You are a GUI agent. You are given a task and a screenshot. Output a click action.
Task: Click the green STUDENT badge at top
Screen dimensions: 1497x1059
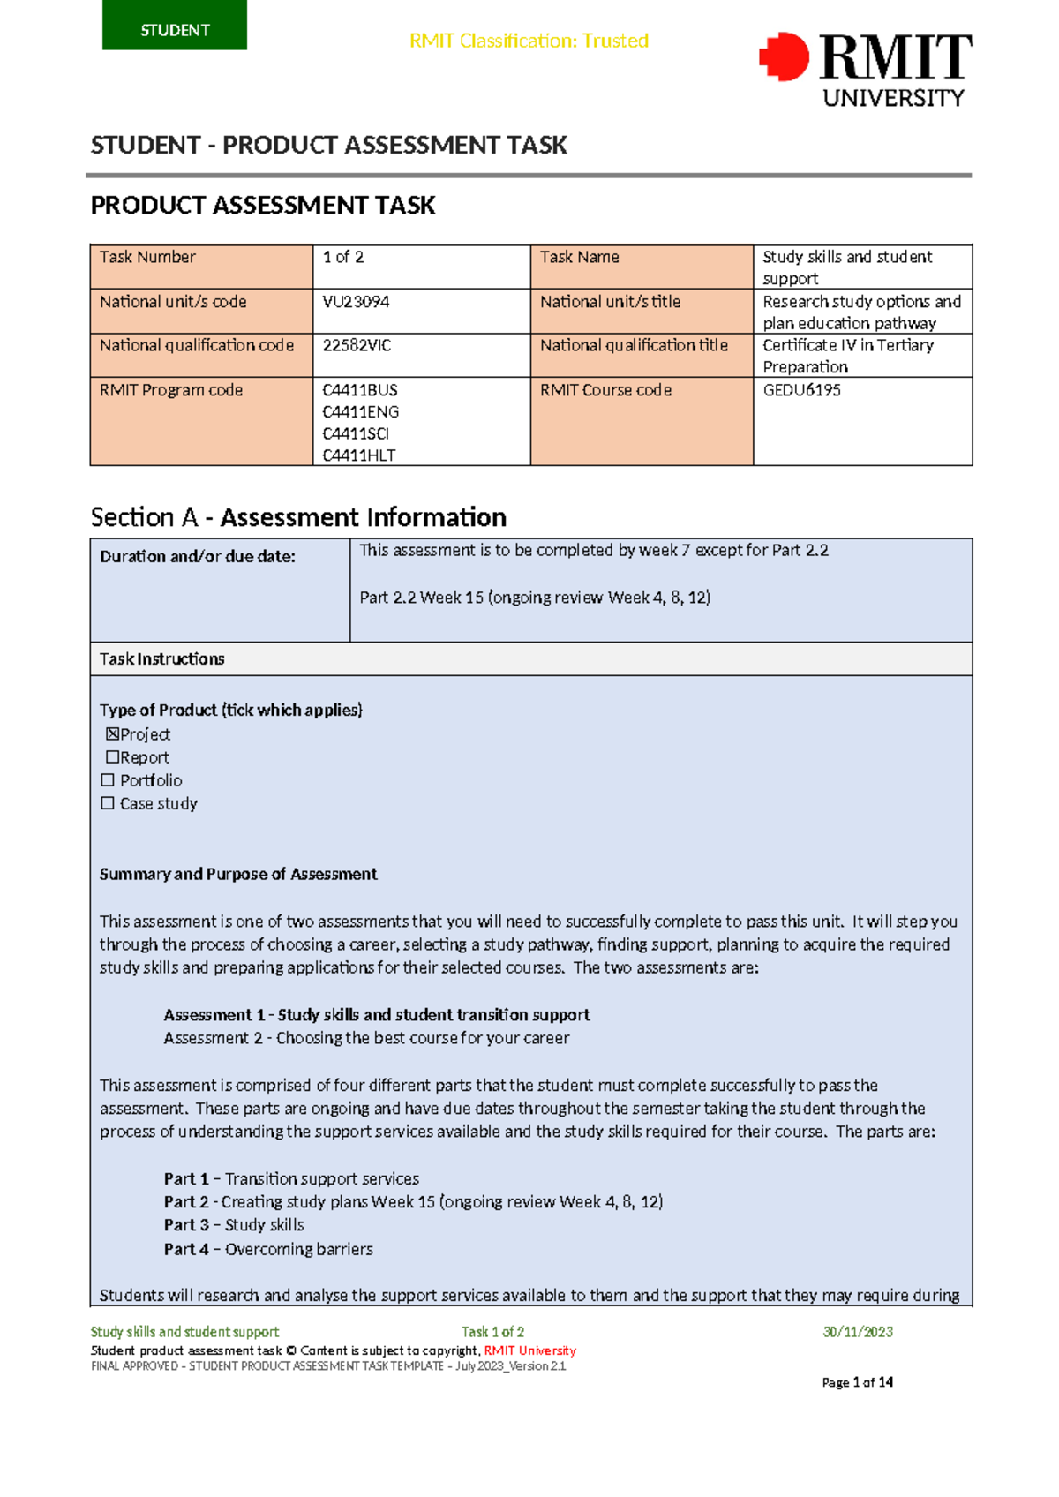coord(175,26)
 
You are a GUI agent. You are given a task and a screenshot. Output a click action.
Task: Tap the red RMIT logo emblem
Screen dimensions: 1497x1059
coord(784,57)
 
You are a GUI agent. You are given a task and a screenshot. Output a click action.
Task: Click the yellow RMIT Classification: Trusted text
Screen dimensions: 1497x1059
coord(529,41)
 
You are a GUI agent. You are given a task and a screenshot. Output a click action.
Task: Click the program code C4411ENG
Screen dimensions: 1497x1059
coord(360,411)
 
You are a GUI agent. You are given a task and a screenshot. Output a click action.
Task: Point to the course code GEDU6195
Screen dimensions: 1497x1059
coord(801,390)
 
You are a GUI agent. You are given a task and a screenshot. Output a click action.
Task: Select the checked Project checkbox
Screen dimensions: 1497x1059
coord(112,733)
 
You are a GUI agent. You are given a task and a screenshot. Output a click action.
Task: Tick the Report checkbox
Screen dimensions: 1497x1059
coord(112,756)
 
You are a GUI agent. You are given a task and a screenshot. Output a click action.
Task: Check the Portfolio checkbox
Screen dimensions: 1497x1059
coord(108,780)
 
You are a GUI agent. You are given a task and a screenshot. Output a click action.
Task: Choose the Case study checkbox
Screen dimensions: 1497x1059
coord(108,803)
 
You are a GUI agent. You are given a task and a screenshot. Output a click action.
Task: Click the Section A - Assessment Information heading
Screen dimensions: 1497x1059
coord(298,516)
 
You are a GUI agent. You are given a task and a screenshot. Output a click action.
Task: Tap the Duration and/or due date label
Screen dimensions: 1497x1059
coord(197,556)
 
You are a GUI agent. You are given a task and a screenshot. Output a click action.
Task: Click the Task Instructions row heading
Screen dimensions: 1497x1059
coord(161,658)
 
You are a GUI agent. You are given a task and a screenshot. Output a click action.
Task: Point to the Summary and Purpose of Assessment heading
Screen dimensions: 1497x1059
coord(238,874)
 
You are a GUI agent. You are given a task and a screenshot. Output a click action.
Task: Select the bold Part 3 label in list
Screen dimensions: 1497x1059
coord(186,1224)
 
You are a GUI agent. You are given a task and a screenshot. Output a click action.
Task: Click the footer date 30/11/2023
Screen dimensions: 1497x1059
coord(857,1332)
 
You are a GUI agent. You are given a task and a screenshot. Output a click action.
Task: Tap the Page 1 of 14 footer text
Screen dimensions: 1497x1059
coord(857,1382)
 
